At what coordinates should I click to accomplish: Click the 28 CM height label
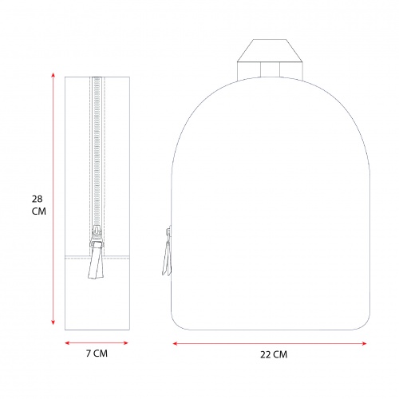[39, 205]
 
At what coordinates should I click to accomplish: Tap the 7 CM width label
[97, 354]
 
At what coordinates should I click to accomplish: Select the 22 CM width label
[274, 354]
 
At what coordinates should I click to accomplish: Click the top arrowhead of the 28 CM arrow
[53, 75]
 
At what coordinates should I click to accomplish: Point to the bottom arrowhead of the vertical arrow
[53, 322]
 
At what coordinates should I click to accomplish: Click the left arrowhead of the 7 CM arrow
[67, 343]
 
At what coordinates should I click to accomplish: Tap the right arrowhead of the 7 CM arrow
[125, 343]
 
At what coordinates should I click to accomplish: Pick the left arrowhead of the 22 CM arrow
[176, 344]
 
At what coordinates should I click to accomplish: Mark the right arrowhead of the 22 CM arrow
[364, 344]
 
